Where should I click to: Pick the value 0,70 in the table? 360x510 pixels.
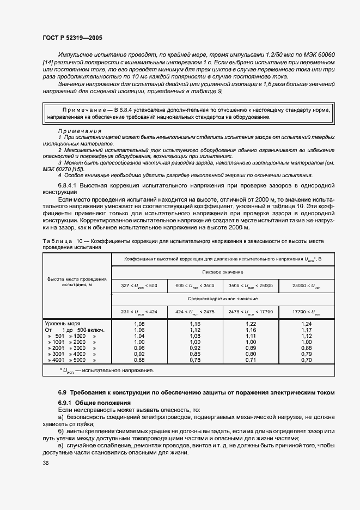(306, 360)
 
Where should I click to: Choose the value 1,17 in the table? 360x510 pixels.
(306, 330)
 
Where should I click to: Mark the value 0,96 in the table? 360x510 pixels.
(140, 348)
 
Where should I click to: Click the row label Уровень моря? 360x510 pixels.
(62, 323)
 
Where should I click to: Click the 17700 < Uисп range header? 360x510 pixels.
(306, 312)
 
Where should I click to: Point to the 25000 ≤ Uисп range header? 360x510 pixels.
(306, 285)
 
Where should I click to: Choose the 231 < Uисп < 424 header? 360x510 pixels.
(140, 312)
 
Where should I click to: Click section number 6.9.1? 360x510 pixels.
(65, 402)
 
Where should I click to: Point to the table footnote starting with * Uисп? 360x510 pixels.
(106, 370)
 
